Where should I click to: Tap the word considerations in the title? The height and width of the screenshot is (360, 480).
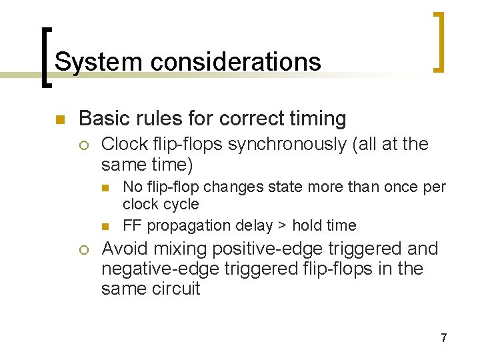235,62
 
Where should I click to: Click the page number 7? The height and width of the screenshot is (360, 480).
443,338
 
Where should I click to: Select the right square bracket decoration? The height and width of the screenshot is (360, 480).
438,41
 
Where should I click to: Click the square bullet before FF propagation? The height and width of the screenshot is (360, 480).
111,226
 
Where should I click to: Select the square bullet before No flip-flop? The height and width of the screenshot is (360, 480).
111,187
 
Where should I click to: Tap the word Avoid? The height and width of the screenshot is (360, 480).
125,249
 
